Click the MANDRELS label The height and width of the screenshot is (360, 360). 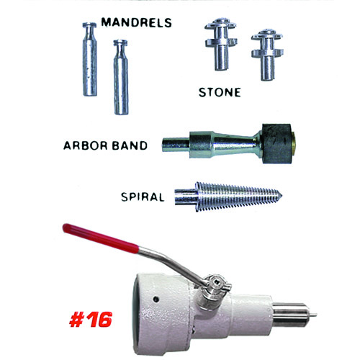click(x=136, y=22)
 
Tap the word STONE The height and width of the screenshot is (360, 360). click(x=220, y=92)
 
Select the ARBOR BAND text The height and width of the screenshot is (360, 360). click(x=105, y=145)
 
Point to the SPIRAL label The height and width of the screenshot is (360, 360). click(x=143, y=197)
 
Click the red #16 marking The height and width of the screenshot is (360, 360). click(x=91, y=320)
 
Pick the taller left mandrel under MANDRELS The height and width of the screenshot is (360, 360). click(x=90, y=59)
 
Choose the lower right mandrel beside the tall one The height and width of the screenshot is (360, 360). click(x=121, y=77)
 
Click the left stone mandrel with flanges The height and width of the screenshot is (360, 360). click(x=221, y=44)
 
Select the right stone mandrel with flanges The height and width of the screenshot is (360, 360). click(x=267, y=55)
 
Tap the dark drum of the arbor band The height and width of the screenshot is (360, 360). click(x=276, y=143)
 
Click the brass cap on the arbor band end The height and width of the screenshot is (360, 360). click(x=294, y=143)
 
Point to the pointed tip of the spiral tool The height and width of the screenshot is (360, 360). click(x=282, y=196)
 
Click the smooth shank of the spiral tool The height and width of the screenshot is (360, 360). click(x=186, y=197)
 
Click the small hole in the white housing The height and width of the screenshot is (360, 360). click(x=156, y=300)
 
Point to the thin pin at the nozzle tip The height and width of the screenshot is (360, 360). click(x=314, y=315)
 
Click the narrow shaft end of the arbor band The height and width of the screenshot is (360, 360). click(x=176, y=145)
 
